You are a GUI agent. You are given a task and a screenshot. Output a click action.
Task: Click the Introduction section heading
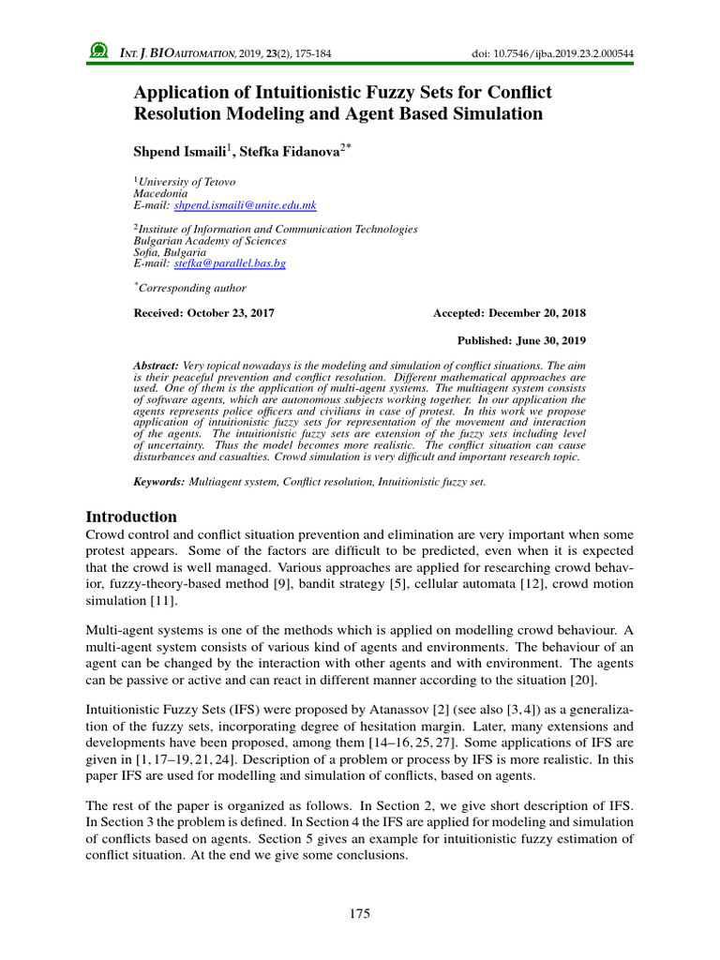pos(131,517)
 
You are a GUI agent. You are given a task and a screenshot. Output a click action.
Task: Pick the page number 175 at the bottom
pos(360,913)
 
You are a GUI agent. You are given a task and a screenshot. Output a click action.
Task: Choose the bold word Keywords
pos(160,481)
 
